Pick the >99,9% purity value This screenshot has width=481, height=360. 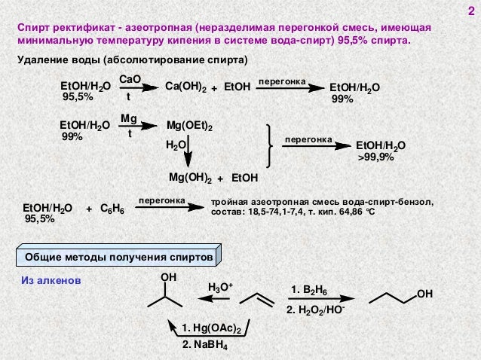click(375, 157)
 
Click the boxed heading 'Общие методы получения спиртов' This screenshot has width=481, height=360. click(118, 258)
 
